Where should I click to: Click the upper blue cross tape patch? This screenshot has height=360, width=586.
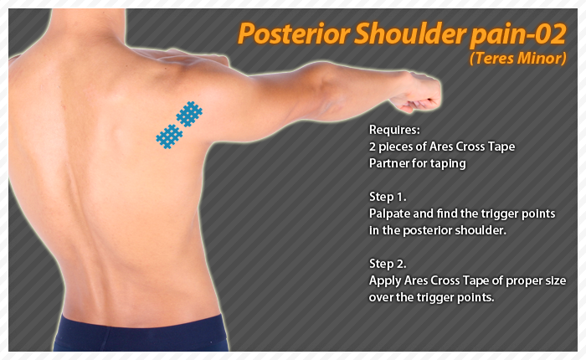pyautogui.click(x=189, y=113)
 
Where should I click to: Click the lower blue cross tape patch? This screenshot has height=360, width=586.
pyautogui.click(x=169, y=135)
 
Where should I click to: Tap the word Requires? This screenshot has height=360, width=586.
pyautogui.click(x=393, y=131)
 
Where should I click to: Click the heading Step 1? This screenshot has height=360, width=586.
pyautogui.click(x=388, y=198)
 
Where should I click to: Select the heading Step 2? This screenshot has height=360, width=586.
pyautogui.click(x=388, y=264)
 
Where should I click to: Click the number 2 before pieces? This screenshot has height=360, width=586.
pyautogui.click(x=373, y=147)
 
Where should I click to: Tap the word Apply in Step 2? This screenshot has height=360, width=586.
pyautogui.click(x=385, y=280)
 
